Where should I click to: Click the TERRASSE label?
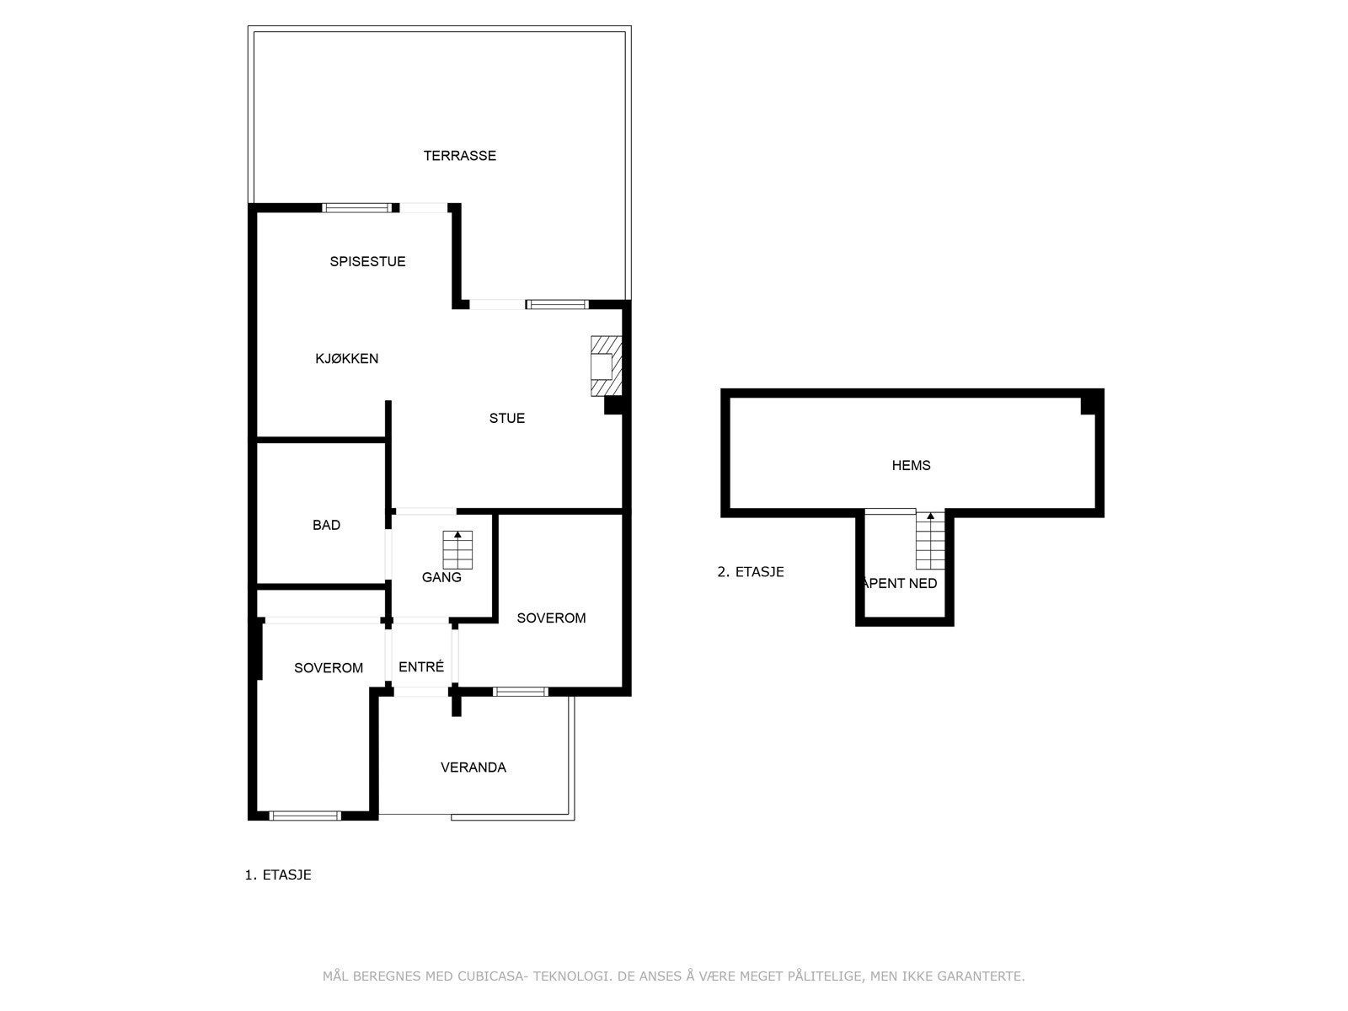(x=459, y=156)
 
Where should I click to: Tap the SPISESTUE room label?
(x=367, y=262)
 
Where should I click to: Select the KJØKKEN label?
(x=346, y=359)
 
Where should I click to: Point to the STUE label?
(x=507, y=419)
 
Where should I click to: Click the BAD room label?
(x=326, y=526)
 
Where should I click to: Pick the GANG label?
(x=441, y=578)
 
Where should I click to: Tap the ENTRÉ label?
(x=421, y=667)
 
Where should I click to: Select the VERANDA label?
(x=473, y=768)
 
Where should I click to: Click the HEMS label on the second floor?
(x=911, y=466)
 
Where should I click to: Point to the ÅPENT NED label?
(x=900, y=584)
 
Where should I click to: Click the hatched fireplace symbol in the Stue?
(x=606, y=366)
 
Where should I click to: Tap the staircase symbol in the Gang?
(x=457, y=549)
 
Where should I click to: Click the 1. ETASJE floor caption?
(x=278, y=875)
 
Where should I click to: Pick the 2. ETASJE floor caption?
(x=751, y=572)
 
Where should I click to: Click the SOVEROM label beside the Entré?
(x=329, y=668)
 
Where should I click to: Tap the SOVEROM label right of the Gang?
(x=551, y=618)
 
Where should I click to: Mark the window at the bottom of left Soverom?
(x=305, y=816)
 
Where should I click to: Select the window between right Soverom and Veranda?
(x=521, y=692)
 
